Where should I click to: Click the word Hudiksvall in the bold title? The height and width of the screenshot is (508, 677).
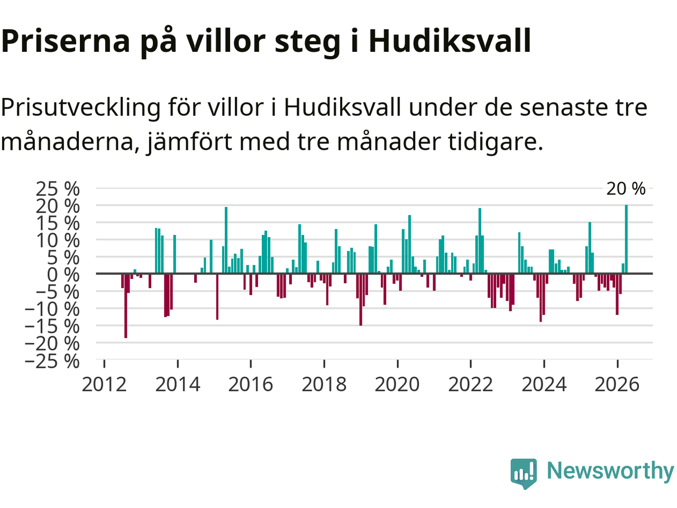coord(450,41)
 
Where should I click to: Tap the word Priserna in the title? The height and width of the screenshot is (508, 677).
coord(66,41)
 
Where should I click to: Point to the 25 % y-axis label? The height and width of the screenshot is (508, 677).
coord(58,188)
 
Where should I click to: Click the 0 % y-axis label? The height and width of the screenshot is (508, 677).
coord(63,275)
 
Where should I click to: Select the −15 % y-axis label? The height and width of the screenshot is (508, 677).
coord(52,326)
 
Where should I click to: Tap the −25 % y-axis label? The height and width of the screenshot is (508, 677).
coord(52,360)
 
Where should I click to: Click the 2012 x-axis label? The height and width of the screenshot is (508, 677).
coord(104,385)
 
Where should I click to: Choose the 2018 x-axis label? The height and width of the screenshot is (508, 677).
coord(324,385)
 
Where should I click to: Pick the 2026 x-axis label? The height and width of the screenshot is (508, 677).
coord(617,385)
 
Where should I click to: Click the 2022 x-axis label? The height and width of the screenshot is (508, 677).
coord(471,385)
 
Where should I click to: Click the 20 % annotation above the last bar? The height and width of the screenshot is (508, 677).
coord(626,188)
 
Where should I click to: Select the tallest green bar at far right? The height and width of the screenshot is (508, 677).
coord(626,239)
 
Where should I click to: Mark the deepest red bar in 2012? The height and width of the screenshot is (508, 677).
coord(126,306)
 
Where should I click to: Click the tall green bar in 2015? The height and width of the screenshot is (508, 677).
coord(226,240)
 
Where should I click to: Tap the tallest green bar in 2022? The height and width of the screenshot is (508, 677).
coord(480,241)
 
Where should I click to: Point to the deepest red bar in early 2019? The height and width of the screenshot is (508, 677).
coord(361,300)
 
